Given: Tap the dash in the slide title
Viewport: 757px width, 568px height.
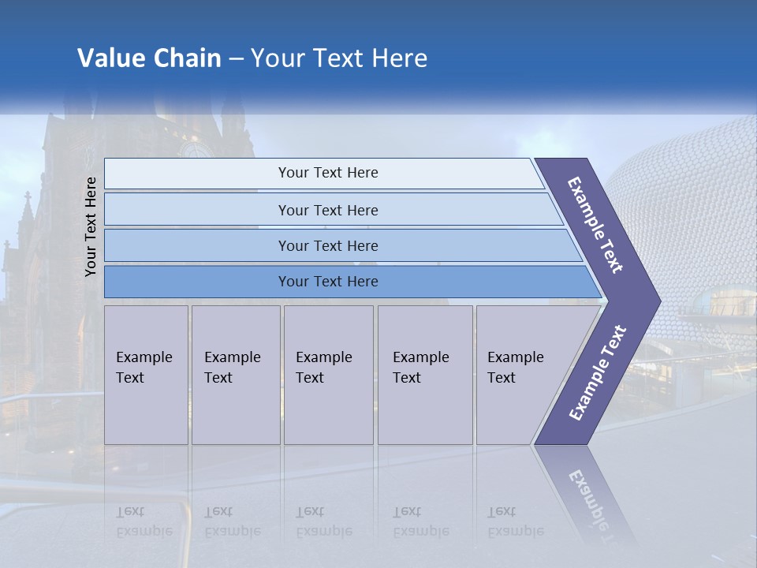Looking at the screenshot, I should (236, 59).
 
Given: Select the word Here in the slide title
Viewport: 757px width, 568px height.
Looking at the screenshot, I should (397, 58).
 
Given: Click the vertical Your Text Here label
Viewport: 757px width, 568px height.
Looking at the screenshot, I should (91, 226).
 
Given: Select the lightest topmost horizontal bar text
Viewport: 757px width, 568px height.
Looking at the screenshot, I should (328, 173).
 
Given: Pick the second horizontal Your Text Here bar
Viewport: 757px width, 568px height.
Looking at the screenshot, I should (328, 210).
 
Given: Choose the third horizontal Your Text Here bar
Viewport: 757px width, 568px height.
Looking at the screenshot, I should (328, 245).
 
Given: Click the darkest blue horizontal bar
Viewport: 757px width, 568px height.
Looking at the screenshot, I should (328, 282).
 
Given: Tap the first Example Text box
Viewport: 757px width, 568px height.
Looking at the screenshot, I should (145, 368).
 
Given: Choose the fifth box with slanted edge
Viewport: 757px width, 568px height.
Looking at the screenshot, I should (516, 368).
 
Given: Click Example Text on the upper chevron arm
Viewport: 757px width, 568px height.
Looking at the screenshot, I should (595, 225).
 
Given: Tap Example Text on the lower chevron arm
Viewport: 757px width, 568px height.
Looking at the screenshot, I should (597, 372).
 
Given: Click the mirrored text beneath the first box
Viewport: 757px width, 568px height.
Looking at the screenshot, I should (145, 521).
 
